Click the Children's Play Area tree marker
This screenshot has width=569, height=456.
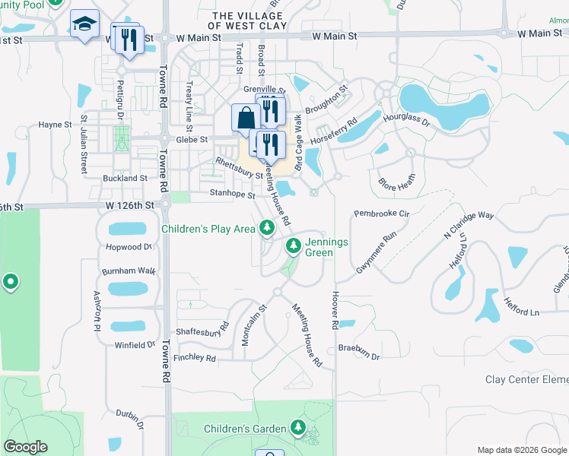pyautogui.click(x=266, y=227)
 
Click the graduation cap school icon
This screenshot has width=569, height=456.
pyautogui.click(x=84, y=23)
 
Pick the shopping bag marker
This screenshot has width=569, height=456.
pyautogui.click(x=246, y=119)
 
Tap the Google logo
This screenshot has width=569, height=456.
pyautogui.click(x=26, y=447)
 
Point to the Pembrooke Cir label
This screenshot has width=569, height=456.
pyautogui.click(x=382, y=215)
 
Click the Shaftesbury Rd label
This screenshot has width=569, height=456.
pyautogui.click(x=202, y=331)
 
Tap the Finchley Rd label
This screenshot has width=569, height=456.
pyautogui.click(x=195, y=357)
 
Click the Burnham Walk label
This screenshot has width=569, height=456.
pyautogui.click(x=128, y=271)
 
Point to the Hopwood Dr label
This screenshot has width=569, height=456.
pyautogui.click(x=129, y=247)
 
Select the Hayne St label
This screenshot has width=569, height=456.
pyautogui.click(x=55, y=125)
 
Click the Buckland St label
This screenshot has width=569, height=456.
pyautogui.click(x=125, y=178)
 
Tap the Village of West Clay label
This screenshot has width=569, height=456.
pyautogui.click(x=250, y=21)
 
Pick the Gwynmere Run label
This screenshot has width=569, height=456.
pyautogui.click(x=377, y=253)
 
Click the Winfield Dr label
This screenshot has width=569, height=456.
pyautogui.click(x=135, y=345)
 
